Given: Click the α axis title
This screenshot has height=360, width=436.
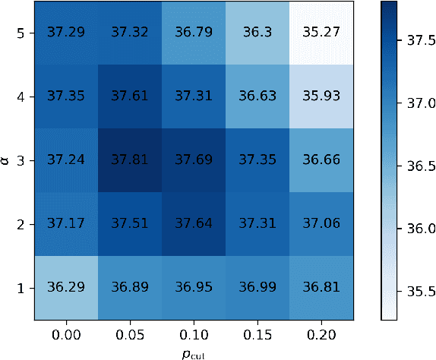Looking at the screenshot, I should tap(7, 160).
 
